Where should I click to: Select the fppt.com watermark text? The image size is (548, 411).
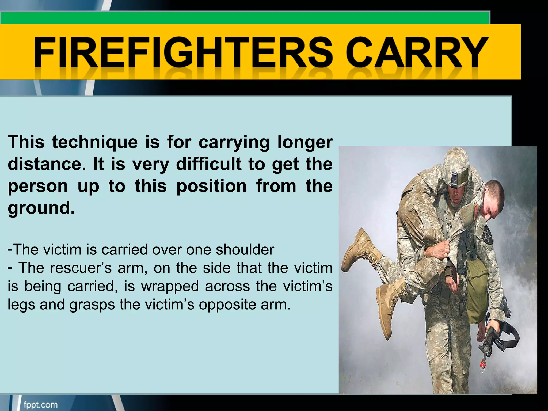point(40,404)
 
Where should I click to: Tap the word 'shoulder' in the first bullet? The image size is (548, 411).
point(245,249)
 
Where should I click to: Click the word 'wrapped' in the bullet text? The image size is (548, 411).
point(170,286)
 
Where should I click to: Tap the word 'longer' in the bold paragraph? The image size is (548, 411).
point(305,142)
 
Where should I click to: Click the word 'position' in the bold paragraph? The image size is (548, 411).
point(211,186)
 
